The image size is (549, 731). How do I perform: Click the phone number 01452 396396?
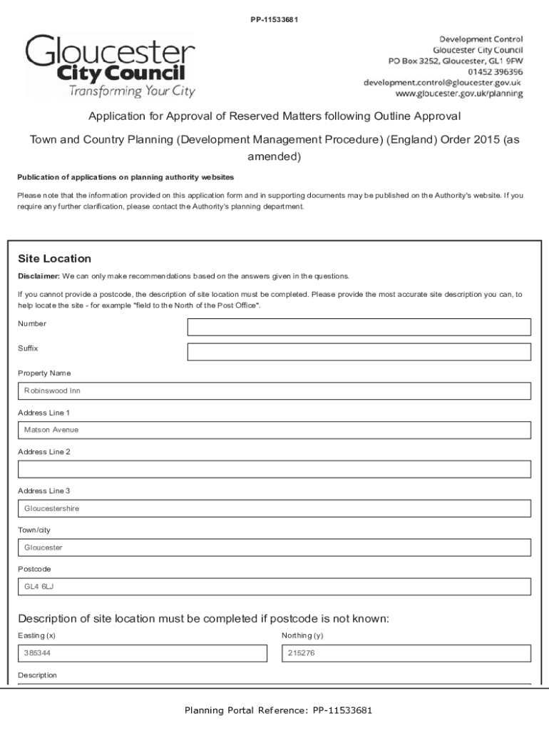(495, 72)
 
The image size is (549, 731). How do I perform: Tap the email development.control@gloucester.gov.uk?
(443, 83)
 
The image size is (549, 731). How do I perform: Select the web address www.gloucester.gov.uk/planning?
(459, 94)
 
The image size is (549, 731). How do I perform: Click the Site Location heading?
(54, 258)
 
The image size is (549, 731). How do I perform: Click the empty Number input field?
(359, 327)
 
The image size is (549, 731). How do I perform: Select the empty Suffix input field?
(359, 352)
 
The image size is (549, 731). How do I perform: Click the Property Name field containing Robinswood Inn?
(274, 391)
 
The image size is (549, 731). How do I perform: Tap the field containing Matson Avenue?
(274, 430)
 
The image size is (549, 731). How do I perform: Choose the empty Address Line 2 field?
(274, 469)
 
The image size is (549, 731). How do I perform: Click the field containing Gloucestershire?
(274, 508)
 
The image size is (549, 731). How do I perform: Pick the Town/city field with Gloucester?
(274, 548)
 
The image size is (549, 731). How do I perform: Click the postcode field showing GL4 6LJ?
(274, 587)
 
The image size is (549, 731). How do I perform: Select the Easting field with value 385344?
(142, 653)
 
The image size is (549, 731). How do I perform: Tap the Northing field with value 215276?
(406, 653)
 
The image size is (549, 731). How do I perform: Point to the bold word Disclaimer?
(39, 276)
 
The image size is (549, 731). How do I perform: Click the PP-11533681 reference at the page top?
(274, 19)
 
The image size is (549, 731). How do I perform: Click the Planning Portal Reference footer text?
(278, 710)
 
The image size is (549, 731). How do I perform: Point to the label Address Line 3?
(43, 491)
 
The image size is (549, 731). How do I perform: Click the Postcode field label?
(34, 569)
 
